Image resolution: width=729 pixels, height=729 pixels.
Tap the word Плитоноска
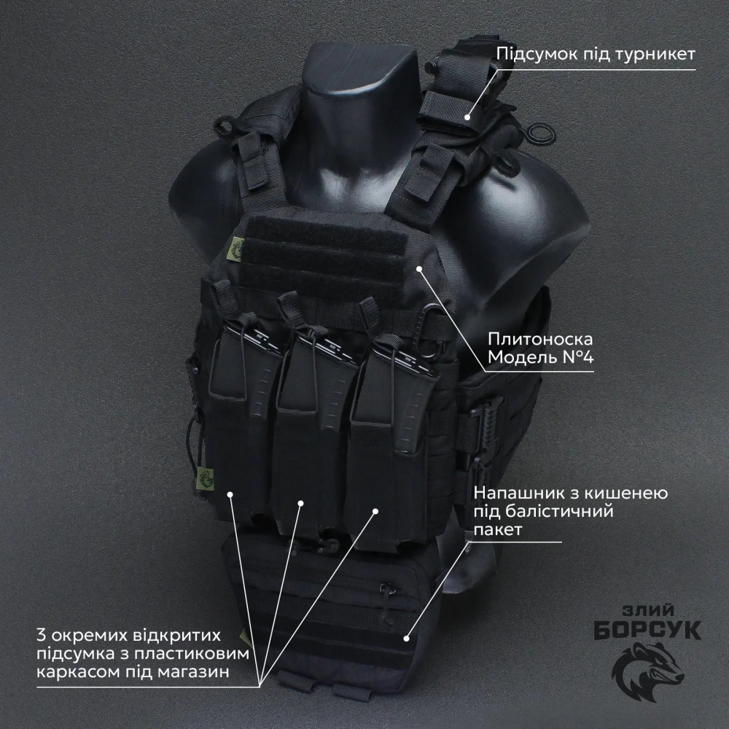tap(540, 340)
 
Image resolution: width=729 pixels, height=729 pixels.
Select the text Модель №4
tap(541, 357)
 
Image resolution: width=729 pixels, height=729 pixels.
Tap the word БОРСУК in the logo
tap(647, 630)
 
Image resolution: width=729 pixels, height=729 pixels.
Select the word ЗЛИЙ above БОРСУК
tap(648, 610)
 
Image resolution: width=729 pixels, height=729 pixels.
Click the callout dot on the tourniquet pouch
tap(468, 117)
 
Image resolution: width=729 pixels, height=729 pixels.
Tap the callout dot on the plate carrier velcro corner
tap(419, 268)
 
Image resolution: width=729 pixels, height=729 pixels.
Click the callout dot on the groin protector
tap(407, 639)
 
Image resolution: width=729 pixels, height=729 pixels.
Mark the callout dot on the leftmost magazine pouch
tap(230, 494)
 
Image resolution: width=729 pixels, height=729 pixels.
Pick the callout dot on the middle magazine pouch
tap(301, 503)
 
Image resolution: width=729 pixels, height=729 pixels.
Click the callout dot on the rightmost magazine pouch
tap(375, 512)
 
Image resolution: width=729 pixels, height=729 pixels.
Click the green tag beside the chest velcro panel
tap(238, 249)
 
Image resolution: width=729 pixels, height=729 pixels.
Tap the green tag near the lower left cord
tap(205, 478)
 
